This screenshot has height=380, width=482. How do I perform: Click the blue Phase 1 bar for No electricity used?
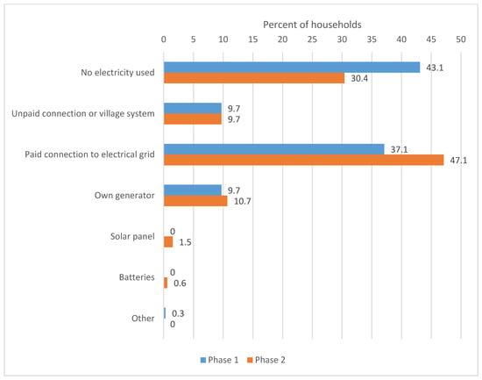(292, 68)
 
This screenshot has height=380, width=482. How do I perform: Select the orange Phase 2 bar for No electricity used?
(254, 78)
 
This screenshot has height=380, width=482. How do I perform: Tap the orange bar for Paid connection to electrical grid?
(304, 160)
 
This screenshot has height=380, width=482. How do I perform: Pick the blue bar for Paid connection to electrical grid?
(274, 149)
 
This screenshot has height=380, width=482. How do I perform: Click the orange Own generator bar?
(195, 201)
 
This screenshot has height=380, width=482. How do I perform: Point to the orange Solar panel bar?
(168, 241)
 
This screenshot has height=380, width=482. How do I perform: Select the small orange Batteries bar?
(166, 283)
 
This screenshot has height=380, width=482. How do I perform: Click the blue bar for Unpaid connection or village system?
(193, 109)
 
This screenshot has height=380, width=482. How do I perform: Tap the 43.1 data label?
(435, 68)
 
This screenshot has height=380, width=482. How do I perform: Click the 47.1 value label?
(458, 160)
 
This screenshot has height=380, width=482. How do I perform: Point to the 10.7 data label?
(243, 201)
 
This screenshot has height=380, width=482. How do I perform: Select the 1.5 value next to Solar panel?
(185, 242)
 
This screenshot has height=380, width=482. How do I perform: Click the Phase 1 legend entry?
(219, 360)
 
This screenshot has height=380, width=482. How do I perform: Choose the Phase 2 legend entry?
(266, 360)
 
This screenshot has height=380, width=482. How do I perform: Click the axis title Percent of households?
(312, 25)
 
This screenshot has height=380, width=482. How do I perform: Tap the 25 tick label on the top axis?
(312, 39)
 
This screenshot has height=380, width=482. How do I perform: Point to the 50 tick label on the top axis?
(461, 39)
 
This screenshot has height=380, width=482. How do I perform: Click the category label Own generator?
(124, 196)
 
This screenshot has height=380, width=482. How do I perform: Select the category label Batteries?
(137, 277)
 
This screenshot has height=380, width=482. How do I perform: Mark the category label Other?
(143, 318)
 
